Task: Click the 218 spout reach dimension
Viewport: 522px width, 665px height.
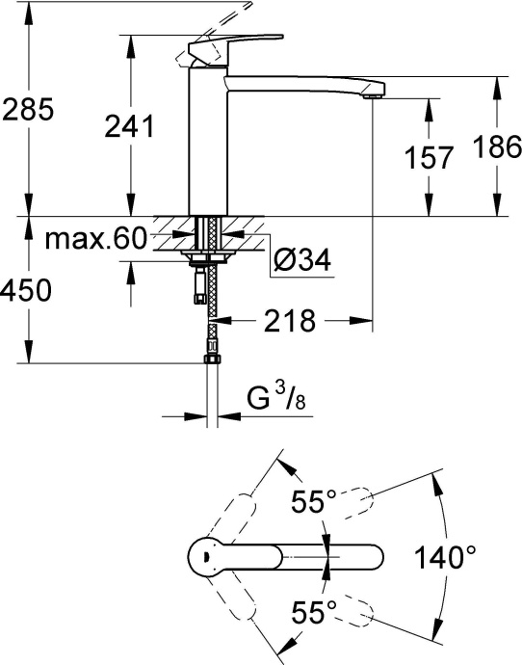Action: (x=289, y=321)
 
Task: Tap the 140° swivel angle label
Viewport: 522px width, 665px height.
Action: (x=446, y=557)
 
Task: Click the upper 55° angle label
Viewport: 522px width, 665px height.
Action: (x=315, y=501)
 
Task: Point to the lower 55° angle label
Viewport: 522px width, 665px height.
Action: (x=315, y=610)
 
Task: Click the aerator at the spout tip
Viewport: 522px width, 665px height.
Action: (x=374, y=94)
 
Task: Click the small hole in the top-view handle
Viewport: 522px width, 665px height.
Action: (x=203, y=557)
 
